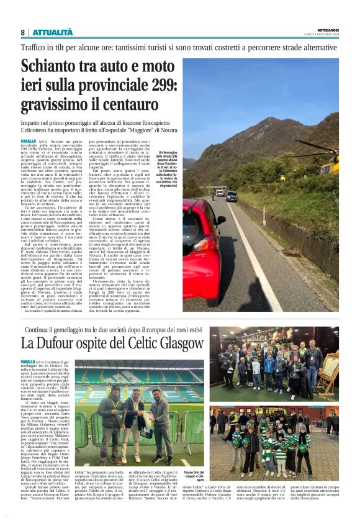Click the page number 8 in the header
23,32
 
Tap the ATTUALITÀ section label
52,32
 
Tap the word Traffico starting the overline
35,47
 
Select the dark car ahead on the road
232,196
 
